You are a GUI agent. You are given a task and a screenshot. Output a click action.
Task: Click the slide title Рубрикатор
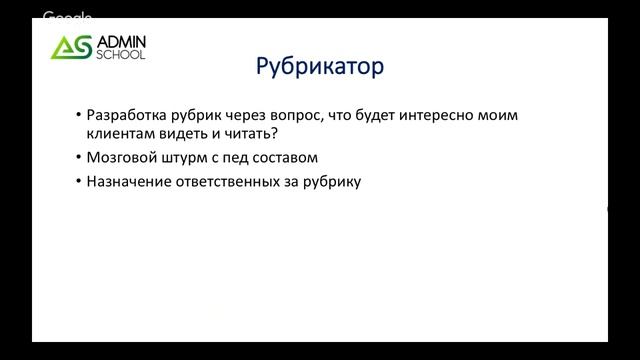320,70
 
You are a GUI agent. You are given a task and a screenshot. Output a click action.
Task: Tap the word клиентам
122,135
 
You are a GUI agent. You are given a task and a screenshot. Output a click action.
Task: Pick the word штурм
190,158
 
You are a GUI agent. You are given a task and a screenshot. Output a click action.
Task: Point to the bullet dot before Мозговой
79,158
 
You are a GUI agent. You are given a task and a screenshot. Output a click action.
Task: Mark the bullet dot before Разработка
79,116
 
